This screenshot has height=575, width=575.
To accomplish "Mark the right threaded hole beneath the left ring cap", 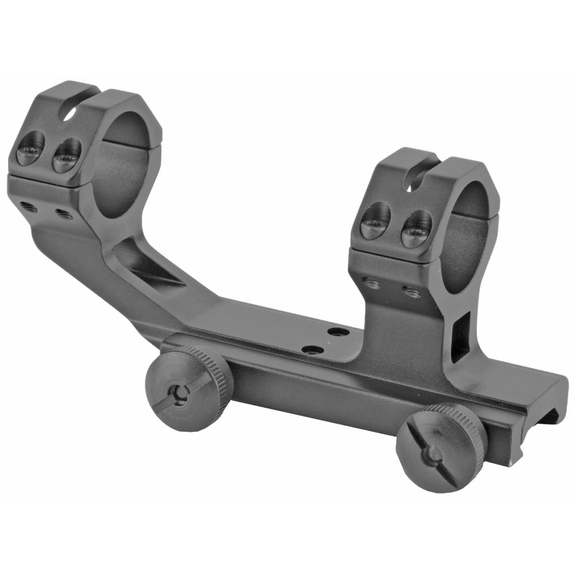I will (62, 215).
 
